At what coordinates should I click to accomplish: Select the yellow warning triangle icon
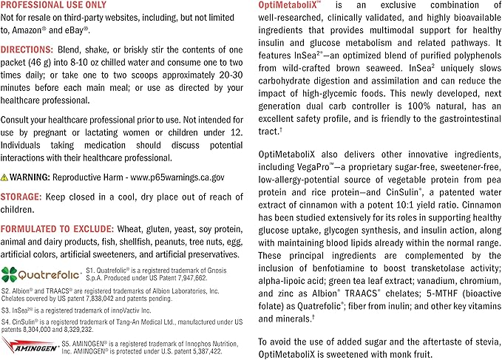point(7,177)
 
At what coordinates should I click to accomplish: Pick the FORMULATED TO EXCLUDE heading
point(59,230)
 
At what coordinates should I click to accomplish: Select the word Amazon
point(35,30)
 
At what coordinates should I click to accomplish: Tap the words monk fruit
point(450,353)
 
